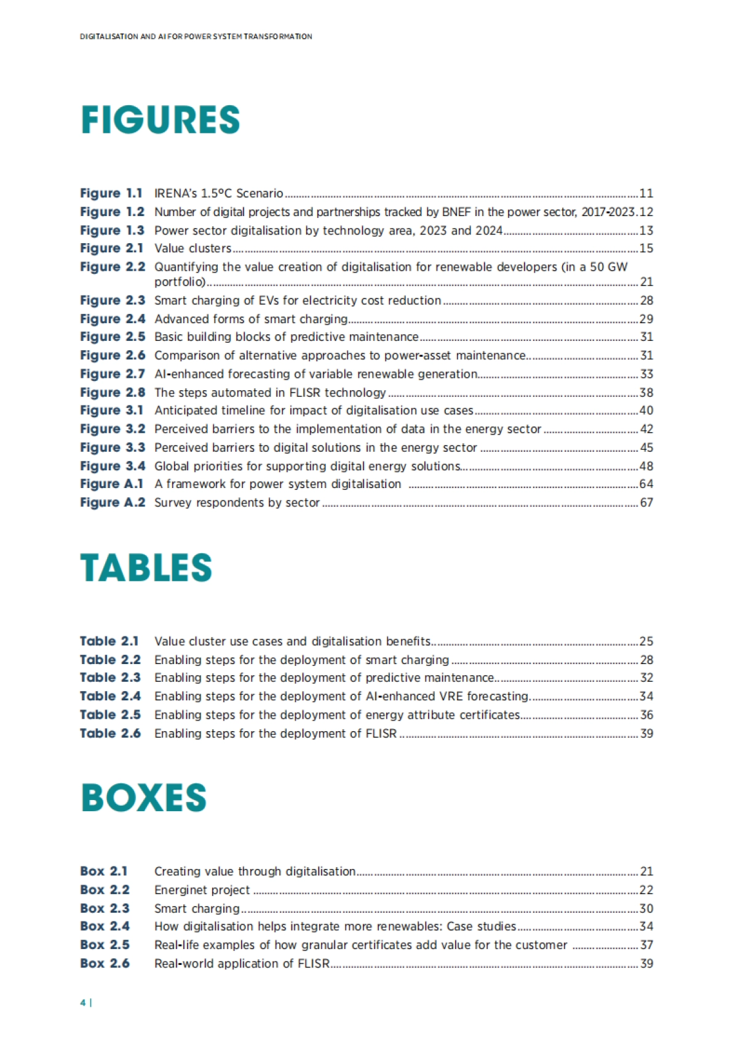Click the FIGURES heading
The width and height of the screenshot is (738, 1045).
(160, 120)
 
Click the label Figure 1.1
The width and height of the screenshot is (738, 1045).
(111, 193)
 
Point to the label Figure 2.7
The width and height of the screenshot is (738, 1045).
(113, 374)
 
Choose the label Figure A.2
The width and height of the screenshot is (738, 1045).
(113, 502)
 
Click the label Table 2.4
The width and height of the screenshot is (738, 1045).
(110, 696)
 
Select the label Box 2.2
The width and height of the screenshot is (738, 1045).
(105, 890)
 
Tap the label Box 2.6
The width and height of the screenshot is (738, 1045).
(105, 963)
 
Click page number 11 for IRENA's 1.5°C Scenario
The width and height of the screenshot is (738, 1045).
(646, 193)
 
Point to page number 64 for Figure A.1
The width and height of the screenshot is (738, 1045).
(646, 484)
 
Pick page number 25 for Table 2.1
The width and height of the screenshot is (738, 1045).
(646, 641)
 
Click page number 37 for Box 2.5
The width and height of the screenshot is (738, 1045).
(646, 945)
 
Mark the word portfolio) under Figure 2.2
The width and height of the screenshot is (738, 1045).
(180, 282)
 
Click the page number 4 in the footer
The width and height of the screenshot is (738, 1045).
(82, 1003)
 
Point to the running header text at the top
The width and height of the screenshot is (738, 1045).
(196, 36)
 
